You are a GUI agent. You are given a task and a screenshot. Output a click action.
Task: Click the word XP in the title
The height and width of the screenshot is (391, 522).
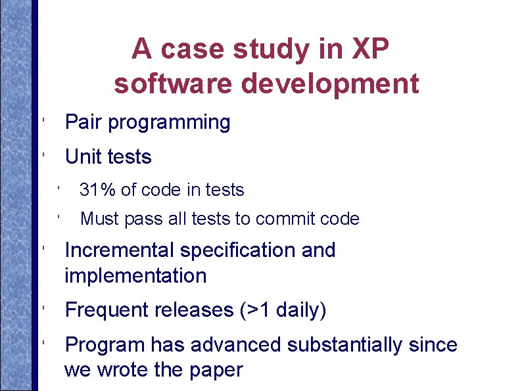(x=370, y=49)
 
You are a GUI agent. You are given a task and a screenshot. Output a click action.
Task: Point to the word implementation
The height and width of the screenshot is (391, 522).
(x=135, y=276)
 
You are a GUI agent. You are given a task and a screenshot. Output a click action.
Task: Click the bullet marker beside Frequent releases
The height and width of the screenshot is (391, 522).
(x=42, y=307)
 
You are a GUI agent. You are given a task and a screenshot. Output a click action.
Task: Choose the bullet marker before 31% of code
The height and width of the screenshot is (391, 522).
(x=59, y=189)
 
